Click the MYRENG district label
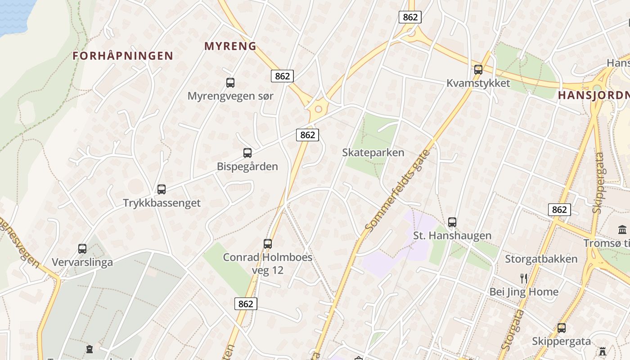pyautogui.click(x=230, y=46)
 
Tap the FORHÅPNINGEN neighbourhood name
pyautogui.click(x=123, y=56)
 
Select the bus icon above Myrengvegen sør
pyautogui.click(x=230, y=83)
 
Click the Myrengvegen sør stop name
pyautogui.click(x=230, y=96)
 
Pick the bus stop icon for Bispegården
pyautogui.click(x=247, y=153)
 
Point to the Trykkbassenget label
pyautogui.click(x=162, y=203)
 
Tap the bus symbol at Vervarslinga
pyautogui.click(x=82, y=249)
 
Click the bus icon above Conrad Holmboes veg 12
pyautogui.click(x=268, y=244)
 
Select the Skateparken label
pyautogui.click(x=373, y=153)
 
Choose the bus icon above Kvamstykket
pyautogui.click(x=478, y=70)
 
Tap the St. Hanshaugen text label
pyautogui.click(x=452, y=235)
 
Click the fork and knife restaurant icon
pyautogui.click(x=523, y=279)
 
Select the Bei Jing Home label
pyautogui.click(x=524, y=292)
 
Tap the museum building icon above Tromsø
pyautogui.click(x=622, y=230)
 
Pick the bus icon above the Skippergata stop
pyautogui.click(x=562, y=328)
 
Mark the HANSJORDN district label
pyautogui.click(x=594, y=95)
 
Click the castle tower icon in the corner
pyautogui.click(x=603, y=351)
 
